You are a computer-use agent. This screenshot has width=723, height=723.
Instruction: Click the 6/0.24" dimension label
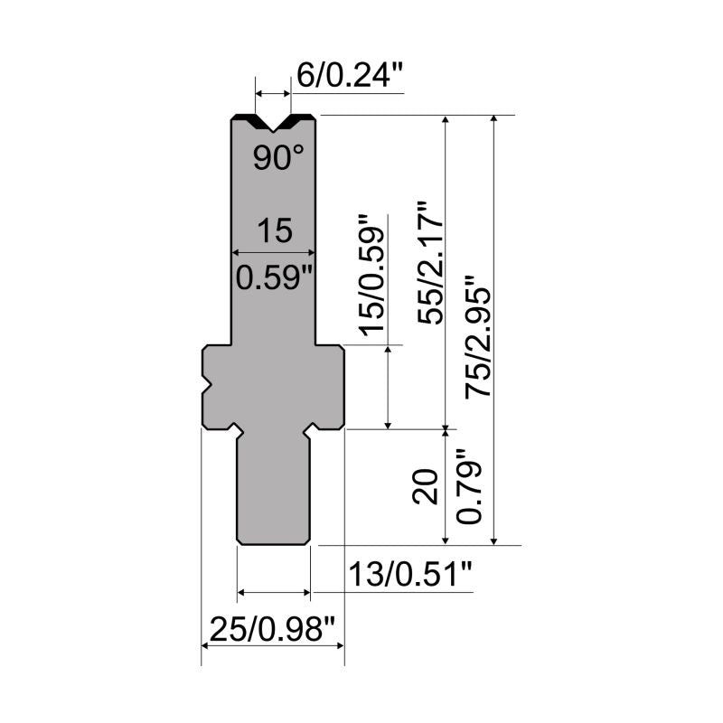click(x=351, y=75)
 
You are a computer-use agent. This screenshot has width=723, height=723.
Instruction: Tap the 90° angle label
click(x=278, y=157)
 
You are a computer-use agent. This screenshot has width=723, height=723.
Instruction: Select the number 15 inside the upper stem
click(x=275, y=230)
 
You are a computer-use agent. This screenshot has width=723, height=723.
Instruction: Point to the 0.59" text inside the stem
click(x=275, y=278)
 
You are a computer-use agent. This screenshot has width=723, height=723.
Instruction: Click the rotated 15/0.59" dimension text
click(x=371, y=276)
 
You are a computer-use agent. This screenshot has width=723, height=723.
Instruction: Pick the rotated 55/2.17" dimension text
click(x=430, y=263)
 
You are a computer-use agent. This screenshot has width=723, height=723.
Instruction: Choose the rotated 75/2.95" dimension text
click(x=479, y=336)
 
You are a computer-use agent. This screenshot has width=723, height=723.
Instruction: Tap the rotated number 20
click(x=425, y=487)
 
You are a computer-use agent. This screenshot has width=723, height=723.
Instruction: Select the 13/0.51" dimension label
click(x=410, y=574)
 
